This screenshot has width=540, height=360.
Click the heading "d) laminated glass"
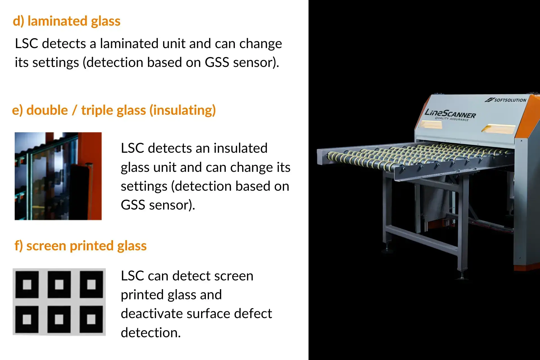pos(67,21)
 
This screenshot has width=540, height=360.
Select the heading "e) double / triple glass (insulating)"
pos(114,110)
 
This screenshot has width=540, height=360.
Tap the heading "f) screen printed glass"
pos(80,246)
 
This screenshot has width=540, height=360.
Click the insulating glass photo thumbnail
pos(58,176)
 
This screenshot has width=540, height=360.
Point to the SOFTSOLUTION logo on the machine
pos(505,100)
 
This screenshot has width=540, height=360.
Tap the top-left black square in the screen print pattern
pos(27,284)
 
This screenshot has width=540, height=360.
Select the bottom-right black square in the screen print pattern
pos(91,319)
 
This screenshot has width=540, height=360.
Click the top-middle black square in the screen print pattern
pos(59,284)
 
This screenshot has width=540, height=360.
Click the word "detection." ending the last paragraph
pos(151,333)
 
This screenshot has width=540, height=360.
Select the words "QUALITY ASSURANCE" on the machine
pos(452,119)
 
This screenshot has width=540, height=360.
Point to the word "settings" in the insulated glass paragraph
pos(144,186)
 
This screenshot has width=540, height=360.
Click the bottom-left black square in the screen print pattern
pos(27,319)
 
